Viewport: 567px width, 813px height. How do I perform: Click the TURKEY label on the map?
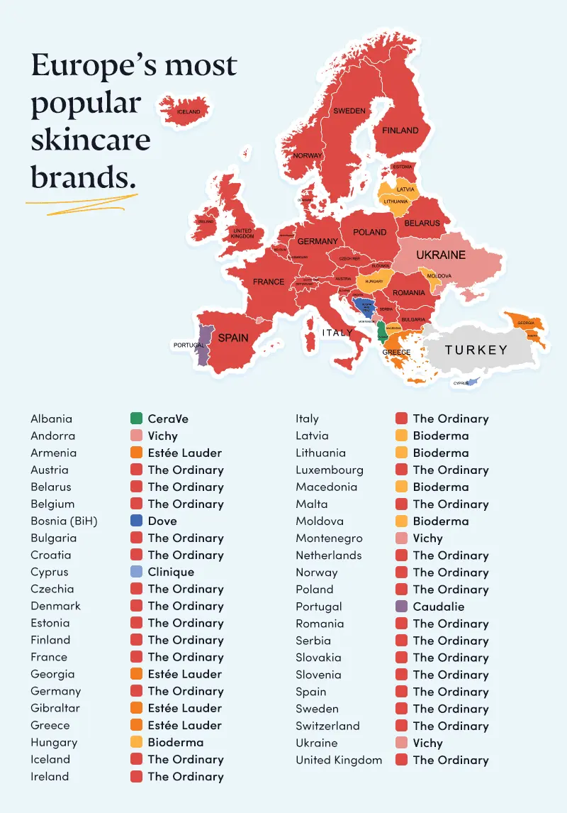point(476,350)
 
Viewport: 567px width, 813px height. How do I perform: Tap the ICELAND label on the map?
point(189,112)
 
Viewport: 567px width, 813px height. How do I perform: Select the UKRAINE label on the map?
point(440,255)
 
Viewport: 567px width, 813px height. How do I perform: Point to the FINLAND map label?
point(400,131)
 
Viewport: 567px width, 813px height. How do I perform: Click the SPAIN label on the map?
point(232,338)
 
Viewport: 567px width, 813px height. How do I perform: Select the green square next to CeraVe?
point(137,419)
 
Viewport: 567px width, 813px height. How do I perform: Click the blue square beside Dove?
point(137,521)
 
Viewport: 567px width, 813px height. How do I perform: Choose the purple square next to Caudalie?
point(401,607)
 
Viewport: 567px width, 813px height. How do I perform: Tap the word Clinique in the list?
point(171,572)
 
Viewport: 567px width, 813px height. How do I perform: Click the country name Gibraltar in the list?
point(55,708)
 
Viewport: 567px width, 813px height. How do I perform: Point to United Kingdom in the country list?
point(339,760)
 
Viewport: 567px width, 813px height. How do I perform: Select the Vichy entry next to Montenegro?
point(427,538)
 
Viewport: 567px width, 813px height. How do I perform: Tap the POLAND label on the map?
point(369,232)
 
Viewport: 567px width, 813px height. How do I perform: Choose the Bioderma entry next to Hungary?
point(175,742)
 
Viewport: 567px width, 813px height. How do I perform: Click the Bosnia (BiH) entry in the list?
point(64,521)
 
